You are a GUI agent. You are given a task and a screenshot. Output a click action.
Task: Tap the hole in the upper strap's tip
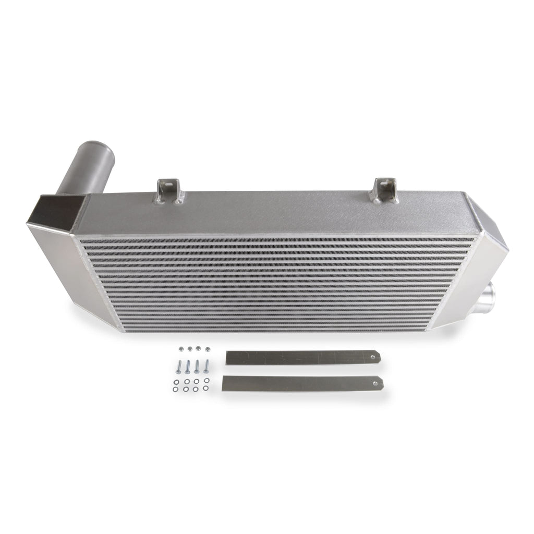tap(372, 356)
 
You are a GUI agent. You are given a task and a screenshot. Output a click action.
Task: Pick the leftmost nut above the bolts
tap(180, 348)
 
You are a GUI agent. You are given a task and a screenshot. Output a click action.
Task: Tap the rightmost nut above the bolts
tap(208, 347)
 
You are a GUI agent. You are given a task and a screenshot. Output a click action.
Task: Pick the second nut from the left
tap(189, 348)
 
